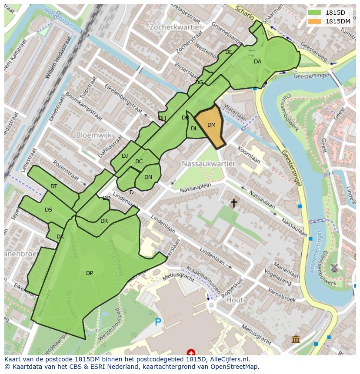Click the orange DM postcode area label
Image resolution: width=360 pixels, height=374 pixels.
coord(211,125)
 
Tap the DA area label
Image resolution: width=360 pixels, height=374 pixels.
coord(257,62)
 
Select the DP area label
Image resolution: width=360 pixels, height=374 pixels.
coord(89,273)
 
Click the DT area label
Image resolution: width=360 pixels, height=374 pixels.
coord(53,186)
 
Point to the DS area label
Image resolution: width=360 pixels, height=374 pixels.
coord(48,210)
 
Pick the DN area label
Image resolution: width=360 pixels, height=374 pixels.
coord(148,177)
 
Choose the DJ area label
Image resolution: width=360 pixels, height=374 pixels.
coord(125,156)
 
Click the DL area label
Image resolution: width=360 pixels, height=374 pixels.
coord(194,129)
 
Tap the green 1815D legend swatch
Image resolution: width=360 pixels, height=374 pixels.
coord(314,13)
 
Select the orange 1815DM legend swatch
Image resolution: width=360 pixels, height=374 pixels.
coord(314,21)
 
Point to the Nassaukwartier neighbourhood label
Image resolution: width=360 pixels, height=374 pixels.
coord(209,164)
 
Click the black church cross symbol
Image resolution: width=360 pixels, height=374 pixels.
coord(234,202)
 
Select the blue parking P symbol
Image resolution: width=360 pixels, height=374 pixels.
coord(158,322)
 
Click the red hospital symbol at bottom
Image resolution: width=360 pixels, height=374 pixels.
coord(190,352)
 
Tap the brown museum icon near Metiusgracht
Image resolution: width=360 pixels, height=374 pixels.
coord(296,339)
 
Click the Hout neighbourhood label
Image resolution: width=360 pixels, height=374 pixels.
coord(235,300)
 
